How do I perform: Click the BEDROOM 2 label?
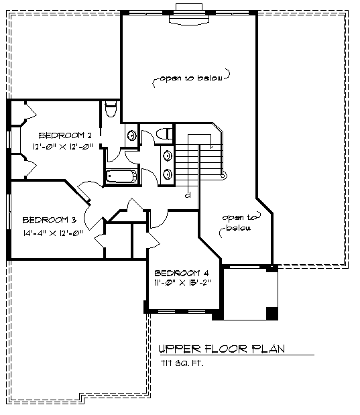point(65,135)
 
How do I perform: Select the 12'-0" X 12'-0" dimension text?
point(63,146)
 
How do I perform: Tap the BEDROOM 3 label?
point(50,220)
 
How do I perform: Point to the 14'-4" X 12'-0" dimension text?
point(53,233)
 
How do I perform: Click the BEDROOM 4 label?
point(182,273)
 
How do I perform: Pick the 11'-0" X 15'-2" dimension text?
point(182,282)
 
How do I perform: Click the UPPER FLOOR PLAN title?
point(221,349)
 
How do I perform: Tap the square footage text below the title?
point(182,363)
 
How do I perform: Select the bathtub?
point(121,176)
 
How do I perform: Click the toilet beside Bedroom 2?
point(111,109)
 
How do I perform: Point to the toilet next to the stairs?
point(164,133)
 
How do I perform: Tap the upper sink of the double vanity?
point(168,156)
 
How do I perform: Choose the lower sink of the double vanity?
point(168,174)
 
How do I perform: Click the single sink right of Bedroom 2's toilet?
point(131,135)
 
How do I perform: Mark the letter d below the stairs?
point(188,195)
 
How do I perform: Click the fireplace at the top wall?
point(189,15)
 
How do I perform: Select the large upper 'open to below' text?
point(191,78)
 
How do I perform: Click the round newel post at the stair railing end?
point(224,175)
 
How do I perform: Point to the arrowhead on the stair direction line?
point(211,146)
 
